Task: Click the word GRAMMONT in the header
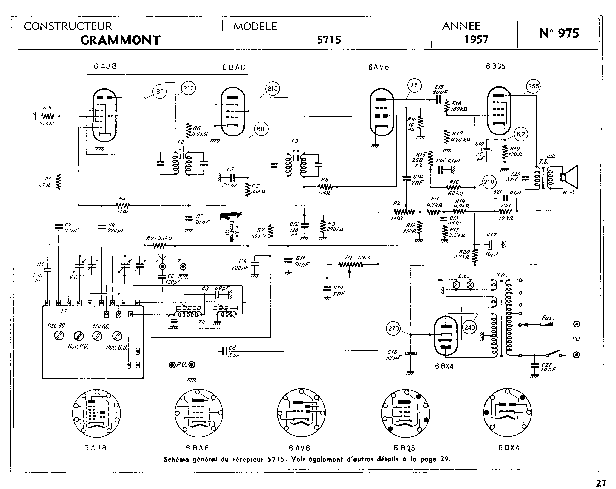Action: click(x=120, y=40)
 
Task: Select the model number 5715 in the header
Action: click(x=329, y=40)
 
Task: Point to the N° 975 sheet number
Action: click(x=559, y=33)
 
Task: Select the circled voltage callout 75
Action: click(x=414, y=85)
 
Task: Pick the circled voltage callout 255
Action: click(x=533, y=86)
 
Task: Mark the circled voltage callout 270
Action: click(x=393, y=328)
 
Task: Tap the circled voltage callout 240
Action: click(x=470, y=328)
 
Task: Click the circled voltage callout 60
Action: click(x=260, y=129)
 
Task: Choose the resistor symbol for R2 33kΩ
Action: click(x=159, y=246)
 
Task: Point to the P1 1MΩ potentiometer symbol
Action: click(x=351, y=265)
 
